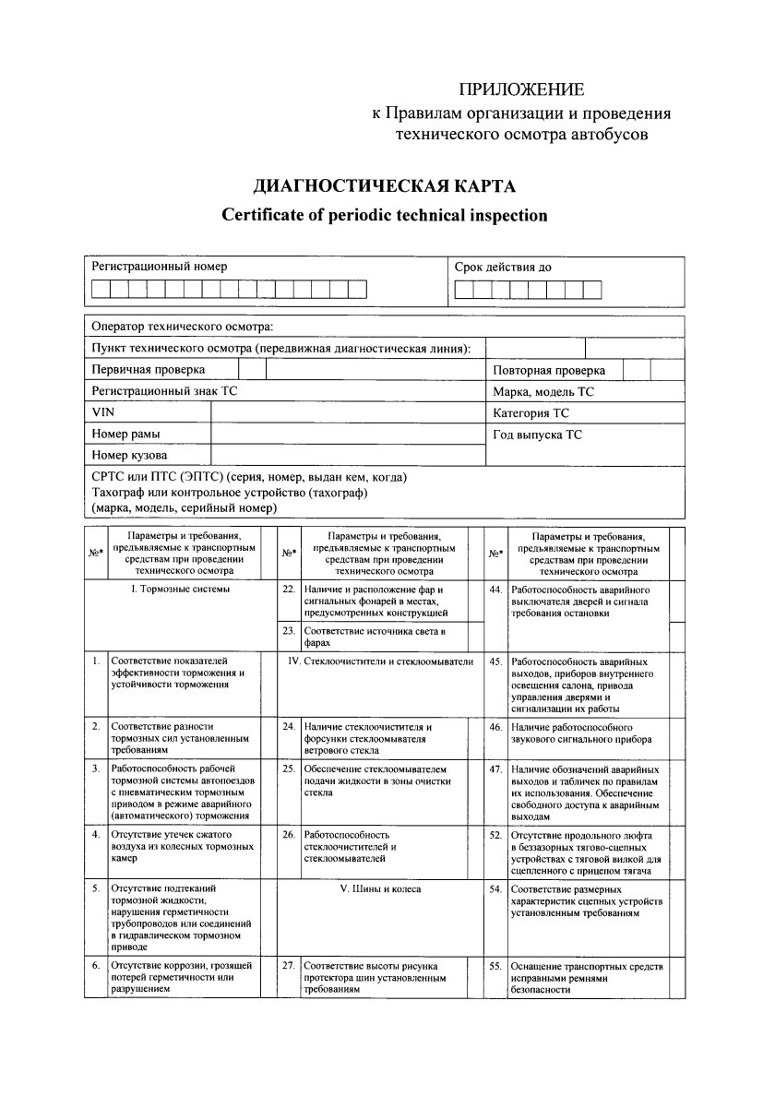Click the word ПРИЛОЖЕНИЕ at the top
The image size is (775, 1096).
tap(522, 89)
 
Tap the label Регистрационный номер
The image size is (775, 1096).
tap(159, 267)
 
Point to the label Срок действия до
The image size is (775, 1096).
tap(503, 268)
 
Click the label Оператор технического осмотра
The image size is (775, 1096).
tap(182, 327)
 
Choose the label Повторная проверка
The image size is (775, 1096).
tap(549, 370)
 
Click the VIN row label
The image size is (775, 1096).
tap(101, 411)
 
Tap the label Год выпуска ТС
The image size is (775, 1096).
tap(537, 434)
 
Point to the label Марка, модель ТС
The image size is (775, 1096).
tap(543, 391)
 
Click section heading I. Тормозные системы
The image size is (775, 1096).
tap(181, 589)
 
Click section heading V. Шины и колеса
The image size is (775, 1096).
tap(381, 889)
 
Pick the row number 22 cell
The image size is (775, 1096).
tap(289, 589)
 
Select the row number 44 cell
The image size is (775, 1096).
tap(495, 589)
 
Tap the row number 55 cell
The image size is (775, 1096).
tap(495, 965)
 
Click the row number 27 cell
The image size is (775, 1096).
tap(289, 965)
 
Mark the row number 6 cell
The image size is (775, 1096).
tap(95, 965)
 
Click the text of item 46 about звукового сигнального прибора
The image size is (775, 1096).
tap(582, 733)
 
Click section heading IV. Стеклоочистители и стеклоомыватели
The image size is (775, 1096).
tap(381, 661)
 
